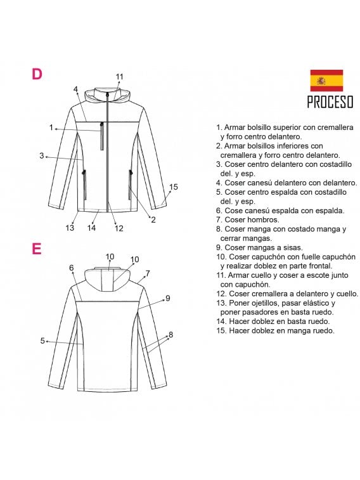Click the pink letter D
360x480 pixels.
pos(37,74)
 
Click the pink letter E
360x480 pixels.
pos(37,249)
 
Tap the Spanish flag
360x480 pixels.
pos(326,81)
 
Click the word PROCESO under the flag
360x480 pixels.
pos(330,102)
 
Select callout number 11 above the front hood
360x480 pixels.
pos(119,77)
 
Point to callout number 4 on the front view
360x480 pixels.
pos(75,89)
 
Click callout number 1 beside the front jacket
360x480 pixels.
pos(51,127)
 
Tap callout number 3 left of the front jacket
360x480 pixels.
pos(41,155)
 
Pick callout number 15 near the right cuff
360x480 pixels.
pos(174,186)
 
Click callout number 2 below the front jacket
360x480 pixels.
pos(153,220)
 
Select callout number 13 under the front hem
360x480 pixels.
pos(70,228)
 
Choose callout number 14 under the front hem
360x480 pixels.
pos(91,228)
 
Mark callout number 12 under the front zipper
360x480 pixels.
pos(119,228)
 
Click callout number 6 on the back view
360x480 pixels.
pos(72,268)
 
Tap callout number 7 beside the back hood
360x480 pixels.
pos(147,273)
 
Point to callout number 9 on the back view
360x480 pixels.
pos(168,297)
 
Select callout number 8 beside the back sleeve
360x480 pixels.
pos(170,334)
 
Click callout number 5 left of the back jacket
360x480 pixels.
pos(42,341)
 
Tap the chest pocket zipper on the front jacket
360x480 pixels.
pos(101,136)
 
